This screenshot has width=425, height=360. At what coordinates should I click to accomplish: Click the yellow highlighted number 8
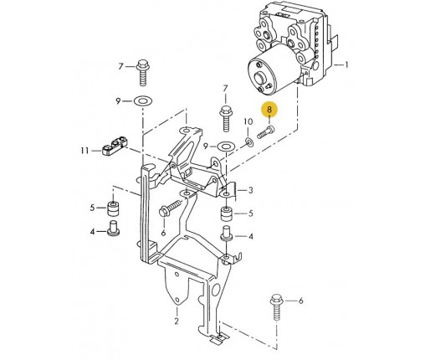[x=269, y=110]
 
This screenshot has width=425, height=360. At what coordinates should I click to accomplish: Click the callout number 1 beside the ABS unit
[x=346, y=65]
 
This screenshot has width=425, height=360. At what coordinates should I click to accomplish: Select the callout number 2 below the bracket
[x=177, y=321]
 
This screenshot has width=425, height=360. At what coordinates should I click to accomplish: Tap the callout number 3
[x=250, y=190]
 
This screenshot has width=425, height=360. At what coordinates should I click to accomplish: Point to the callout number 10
[x=248, y=121]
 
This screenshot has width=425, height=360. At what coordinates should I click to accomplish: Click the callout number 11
[x=84, y=151]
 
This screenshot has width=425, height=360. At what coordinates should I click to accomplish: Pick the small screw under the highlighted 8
[x=265, y=132]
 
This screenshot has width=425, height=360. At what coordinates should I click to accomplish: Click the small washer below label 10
[x=248, y=142]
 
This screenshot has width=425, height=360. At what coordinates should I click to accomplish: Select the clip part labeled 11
[x=115, y=146]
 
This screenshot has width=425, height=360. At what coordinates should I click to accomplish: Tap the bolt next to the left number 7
[x=143, y=72]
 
